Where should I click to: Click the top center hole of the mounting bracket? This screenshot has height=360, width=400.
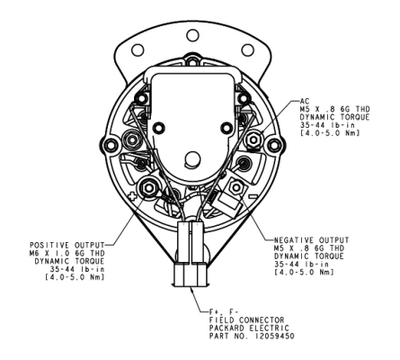pos(192,35)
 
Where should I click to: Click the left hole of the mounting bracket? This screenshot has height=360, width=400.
pos(138,49)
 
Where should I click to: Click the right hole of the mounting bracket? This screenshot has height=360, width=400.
pos(248,49)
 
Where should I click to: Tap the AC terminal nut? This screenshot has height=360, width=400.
pos(254,139)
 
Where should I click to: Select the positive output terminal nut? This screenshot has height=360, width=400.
pos(147,188)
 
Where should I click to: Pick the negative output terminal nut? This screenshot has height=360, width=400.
pos(236,188)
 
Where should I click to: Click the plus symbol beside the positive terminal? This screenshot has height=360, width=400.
pos(131,197)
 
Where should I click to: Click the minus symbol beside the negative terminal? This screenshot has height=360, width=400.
pos(253,196)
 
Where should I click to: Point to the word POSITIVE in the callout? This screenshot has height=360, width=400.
pos(49,246)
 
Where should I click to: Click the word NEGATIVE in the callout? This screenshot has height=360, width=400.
pos(294,240)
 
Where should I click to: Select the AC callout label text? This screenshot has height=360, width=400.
pos(305,102)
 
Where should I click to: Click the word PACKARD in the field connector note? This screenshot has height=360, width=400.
pos(227,328)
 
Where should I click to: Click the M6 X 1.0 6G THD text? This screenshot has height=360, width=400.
pos(67,254)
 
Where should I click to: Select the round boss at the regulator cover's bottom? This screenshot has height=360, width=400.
pos(192,158)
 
